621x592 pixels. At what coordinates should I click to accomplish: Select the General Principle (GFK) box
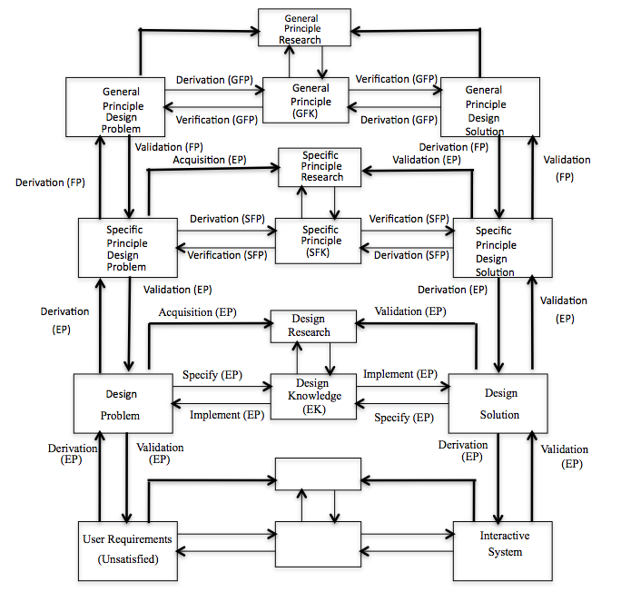pos(310,102)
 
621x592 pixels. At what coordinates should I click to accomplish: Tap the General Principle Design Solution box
pos(489,110)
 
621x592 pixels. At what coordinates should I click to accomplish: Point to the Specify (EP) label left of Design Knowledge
pos(212,374)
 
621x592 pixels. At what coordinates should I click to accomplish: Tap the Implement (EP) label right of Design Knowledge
pos(400,374)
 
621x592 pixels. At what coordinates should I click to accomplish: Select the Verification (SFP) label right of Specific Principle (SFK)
pos(409,219)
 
